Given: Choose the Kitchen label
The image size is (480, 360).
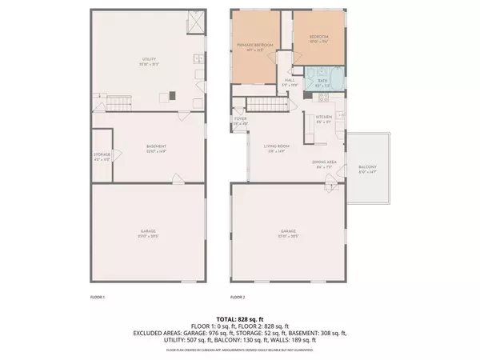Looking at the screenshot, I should [x=323, y=118].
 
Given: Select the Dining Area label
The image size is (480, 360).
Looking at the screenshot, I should [x=324, y=163].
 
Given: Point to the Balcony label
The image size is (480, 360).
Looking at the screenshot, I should [x=367, y=168].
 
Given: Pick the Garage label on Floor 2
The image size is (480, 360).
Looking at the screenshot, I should [x=288, y=234].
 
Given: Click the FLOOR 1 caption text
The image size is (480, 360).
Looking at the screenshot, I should [x=98, y=297].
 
